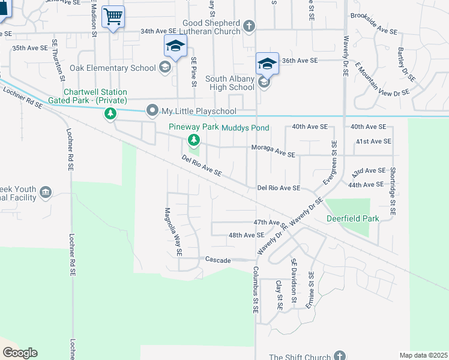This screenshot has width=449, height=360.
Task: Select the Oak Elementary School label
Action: pos(112,68)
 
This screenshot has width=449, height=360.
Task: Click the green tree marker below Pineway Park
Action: pos(193,140)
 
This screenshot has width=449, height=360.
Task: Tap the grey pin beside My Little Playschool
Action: pos(152,110)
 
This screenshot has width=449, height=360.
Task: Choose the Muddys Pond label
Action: pos(246,128)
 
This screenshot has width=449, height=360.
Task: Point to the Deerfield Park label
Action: pos(352,218)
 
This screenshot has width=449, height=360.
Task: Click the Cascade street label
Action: pos(218,260)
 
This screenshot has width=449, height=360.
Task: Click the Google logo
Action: pos(20,353)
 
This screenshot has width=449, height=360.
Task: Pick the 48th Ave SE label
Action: pos(246,235)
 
